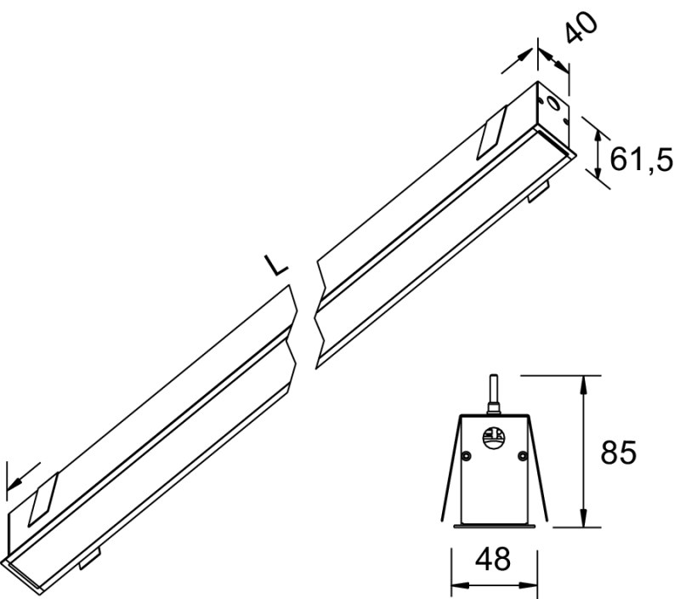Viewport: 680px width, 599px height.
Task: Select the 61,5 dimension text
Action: coord(641,159)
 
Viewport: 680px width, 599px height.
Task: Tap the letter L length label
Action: coord(275,265)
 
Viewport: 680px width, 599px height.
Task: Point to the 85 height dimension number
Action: coord(618,452)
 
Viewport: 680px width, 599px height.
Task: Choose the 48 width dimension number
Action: coord(493,560)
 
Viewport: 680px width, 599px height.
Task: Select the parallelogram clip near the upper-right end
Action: coord(492,132)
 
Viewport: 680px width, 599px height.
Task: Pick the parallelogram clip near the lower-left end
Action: coord(43,499)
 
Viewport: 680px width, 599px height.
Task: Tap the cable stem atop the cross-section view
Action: coord(493,394)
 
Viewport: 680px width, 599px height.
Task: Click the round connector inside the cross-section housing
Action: coord(494,436)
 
